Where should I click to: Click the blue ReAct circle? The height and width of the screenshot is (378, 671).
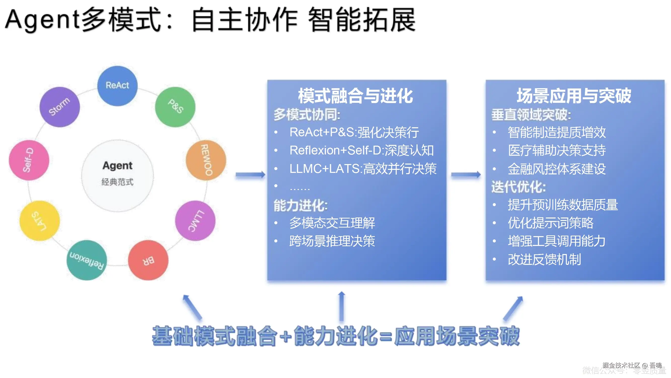tap(117, 86)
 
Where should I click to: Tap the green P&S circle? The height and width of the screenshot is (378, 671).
tap(175, 107)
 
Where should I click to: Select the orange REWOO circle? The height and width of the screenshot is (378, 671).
tap(206, 160)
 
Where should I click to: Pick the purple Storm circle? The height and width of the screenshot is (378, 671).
tap(60, 107)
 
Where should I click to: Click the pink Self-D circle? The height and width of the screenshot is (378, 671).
tap(29, 160)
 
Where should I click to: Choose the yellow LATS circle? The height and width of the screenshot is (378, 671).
tap(40, 220)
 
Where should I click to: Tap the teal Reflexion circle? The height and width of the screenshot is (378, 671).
tap(87, 260)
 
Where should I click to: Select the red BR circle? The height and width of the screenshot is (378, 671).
tap(148, 260)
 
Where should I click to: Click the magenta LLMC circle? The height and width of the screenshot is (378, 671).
tap(195, 220)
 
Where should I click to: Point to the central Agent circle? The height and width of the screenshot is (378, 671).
tap(117, 175)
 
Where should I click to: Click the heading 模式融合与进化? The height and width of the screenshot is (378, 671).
tap(356, 96)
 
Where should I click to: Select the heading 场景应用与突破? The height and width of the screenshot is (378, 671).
tap(574, 96)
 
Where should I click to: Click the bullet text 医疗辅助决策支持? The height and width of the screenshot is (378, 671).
tap(557, 150)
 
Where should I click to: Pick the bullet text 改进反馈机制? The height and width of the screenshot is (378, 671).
tap(544, 259)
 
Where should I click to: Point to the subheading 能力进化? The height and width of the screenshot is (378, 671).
tap(301, 205)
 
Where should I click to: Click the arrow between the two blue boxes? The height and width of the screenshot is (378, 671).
tap(466, 175)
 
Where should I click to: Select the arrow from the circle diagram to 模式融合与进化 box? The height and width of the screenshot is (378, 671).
tap(250, 175)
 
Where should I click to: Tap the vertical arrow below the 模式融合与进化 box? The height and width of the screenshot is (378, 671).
tap(342, 306)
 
